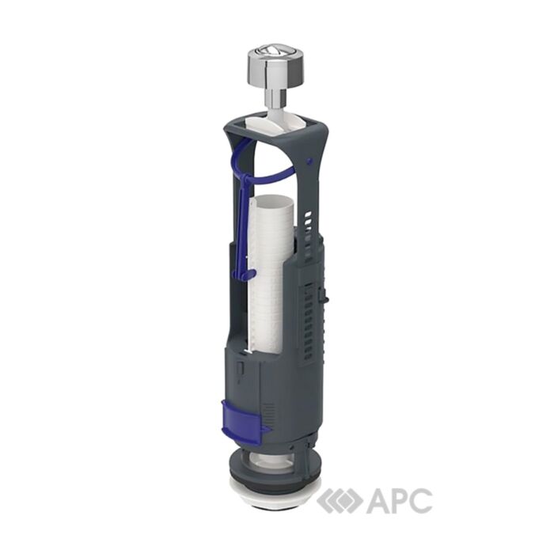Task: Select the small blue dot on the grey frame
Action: point(310,161)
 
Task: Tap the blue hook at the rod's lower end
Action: point(247,274)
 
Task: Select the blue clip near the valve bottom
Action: point(244,417)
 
